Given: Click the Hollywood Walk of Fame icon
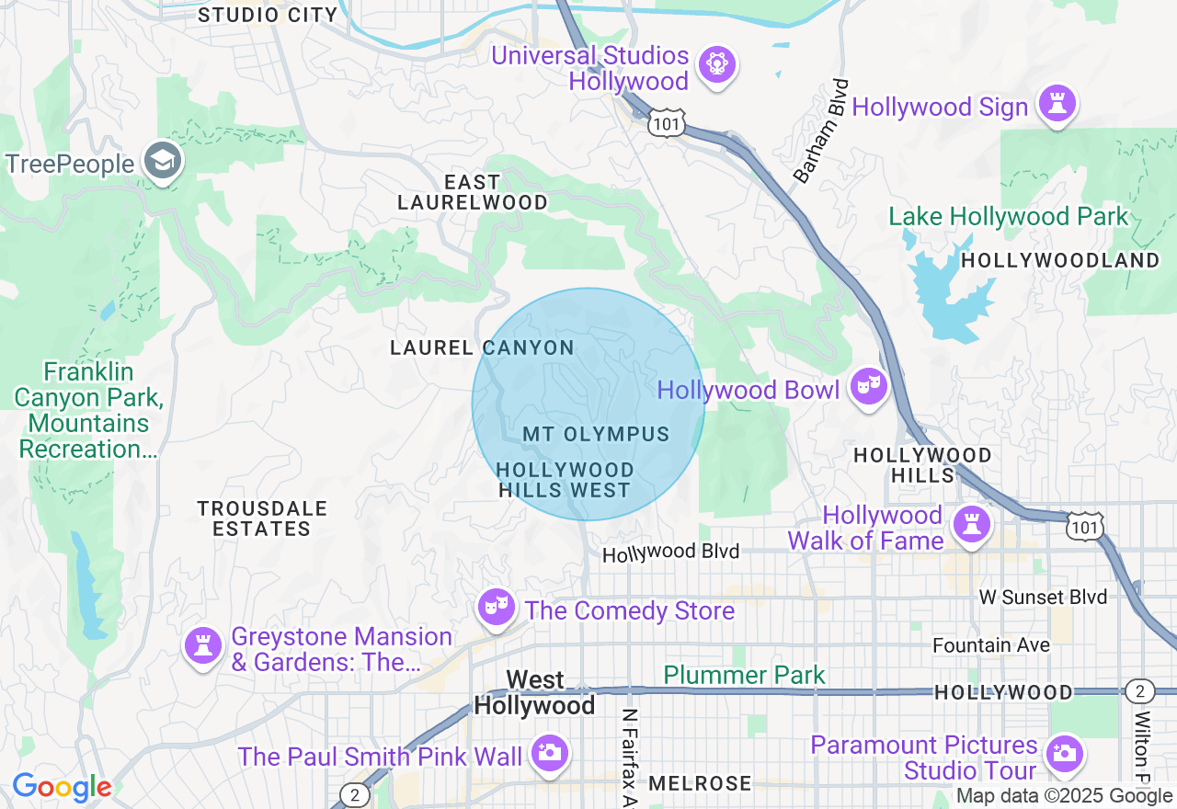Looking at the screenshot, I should [x=971, y=524].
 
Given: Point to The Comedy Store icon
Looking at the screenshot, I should [x=496, y=607].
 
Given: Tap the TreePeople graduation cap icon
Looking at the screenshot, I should [x=164, y=161].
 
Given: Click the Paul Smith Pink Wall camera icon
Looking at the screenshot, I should [x=550, y=753].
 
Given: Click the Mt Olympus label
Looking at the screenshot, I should [x=596, y=434].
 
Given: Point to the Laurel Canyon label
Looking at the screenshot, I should [x=482, y=348].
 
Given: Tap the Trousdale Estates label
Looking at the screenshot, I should [x=262, y=518].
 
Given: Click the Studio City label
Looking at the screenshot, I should [x=269, y=15].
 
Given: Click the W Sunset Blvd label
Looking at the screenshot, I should [x=1043, y=598].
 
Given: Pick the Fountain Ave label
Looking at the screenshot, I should [x=990, y=645].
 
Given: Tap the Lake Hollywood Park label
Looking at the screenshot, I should [x=1008, y=217].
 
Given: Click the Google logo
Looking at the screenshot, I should [x=62, y=787].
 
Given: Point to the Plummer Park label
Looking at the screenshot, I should [x=744, y=676].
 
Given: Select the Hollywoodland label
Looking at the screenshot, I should [x=1060, y=260].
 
